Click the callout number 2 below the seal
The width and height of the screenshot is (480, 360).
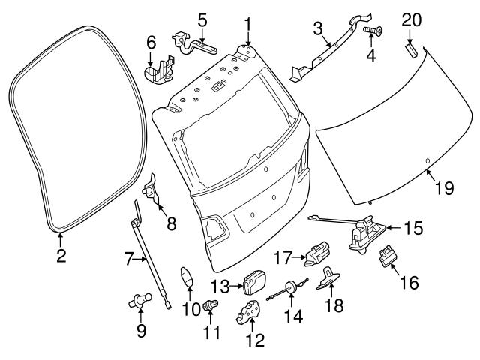61,256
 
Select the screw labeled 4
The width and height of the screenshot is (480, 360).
370,31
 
